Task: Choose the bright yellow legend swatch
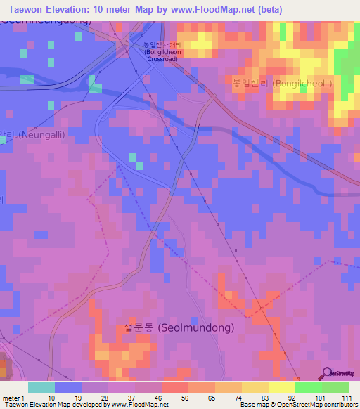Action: [281, 387]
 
